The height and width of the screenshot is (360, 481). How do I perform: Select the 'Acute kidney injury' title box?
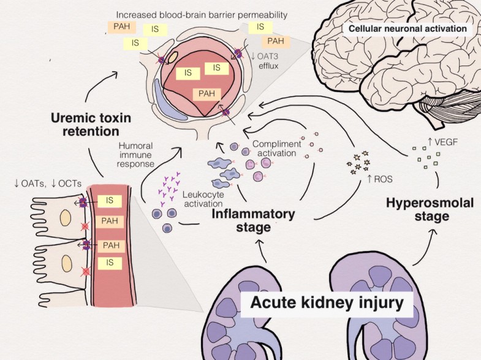click(x=327, y=302)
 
